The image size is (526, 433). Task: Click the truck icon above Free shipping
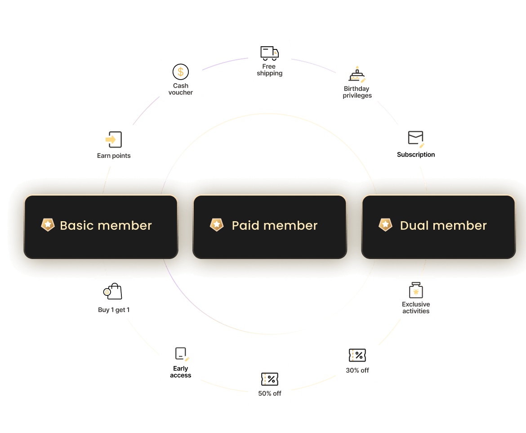point(269,53)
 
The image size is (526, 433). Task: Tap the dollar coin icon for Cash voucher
point(181,72)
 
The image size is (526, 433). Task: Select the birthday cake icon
point(357,75)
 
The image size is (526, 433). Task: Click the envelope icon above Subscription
point(416,138)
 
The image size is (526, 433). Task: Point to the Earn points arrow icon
point(113,139)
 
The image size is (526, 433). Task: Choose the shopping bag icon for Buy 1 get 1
point(113,292)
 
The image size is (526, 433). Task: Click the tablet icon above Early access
point(181,354)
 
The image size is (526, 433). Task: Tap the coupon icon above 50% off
point(269,379)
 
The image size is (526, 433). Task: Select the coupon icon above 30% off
point(357,355)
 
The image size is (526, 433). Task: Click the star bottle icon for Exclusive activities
point(416,291)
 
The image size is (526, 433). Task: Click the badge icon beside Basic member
point(48,225)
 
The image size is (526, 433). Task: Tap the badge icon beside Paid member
point(217,225)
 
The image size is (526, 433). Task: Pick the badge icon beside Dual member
point(385,225)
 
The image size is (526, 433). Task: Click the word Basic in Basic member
point(77,225)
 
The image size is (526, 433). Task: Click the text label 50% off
point(270,393)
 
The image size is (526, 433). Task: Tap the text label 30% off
point(357,371)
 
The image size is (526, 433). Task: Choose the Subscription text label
point(416,155)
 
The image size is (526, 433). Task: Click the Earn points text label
point(114,156)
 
